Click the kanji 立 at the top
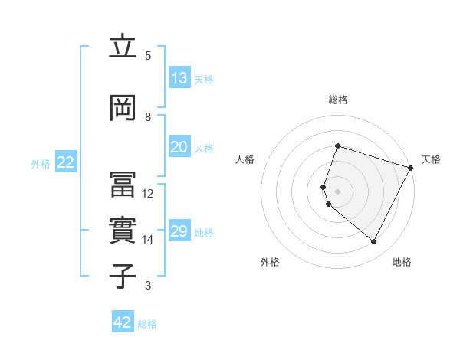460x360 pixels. point(123,47)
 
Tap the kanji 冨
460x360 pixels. point(123,185)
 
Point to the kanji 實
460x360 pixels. point(123,231)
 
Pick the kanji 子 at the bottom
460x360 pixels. point(123,277)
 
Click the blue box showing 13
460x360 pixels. point(179,78)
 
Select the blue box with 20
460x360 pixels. point(179,147)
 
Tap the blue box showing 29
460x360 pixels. point(179,231)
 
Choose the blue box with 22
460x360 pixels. point(66,162)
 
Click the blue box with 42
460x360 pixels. point(123,322)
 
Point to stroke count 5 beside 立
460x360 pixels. point(148,55)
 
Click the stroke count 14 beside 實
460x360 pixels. point(148,240)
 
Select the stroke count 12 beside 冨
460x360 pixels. point(148,194)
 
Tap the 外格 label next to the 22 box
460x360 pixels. point(41,163)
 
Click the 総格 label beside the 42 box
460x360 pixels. point(147,324)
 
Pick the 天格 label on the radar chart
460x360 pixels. point(431,159)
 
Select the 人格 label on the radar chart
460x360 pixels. point(245,159)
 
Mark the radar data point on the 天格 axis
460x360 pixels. point(411,168)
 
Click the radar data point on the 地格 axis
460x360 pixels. point(374,242)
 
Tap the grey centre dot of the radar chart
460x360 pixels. point(337,191)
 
